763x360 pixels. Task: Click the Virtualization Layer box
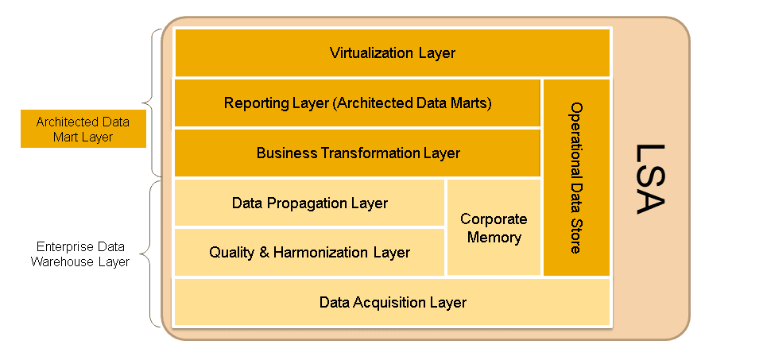pyautogui.click(x=393, y=53)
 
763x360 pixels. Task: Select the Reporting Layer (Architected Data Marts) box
pyautogui.click(x=358, y=103)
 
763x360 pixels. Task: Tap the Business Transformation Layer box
pyautogui.click(x=358, y=153)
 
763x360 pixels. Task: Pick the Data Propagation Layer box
pyautogui.click(x=309, y=203)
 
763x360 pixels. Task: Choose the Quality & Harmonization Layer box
pyautogui.click(x=309, y=253)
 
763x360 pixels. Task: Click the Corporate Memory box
pyautogui.click(x=494, y=228)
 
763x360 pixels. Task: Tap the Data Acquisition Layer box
pyautogui.click(x=393, y=302)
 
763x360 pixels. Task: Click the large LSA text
pyautogui.click(x=650, y=179)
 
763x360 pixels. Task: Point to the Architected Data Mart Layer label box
pyautogui.click(x=83, y=129)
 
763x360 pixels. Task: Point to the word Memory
pyautogui.click(x=494, y=238)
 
